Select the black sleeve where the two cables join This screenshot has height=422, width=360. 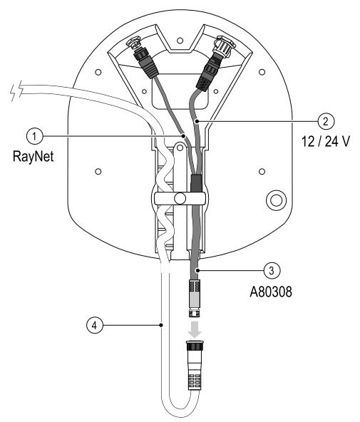click(195, 183)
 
